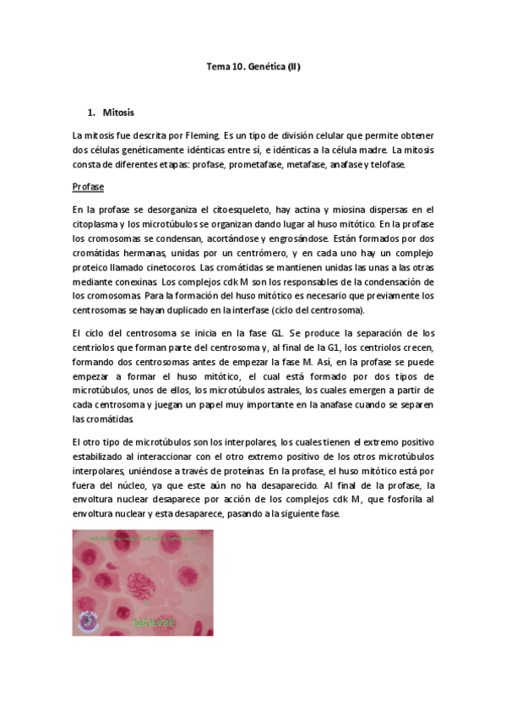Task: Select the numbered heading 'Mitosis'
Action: (117, 112)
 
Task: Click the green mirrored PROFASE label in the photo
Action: (155, 623)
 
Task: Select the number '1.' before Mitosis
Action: (92, 112)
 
